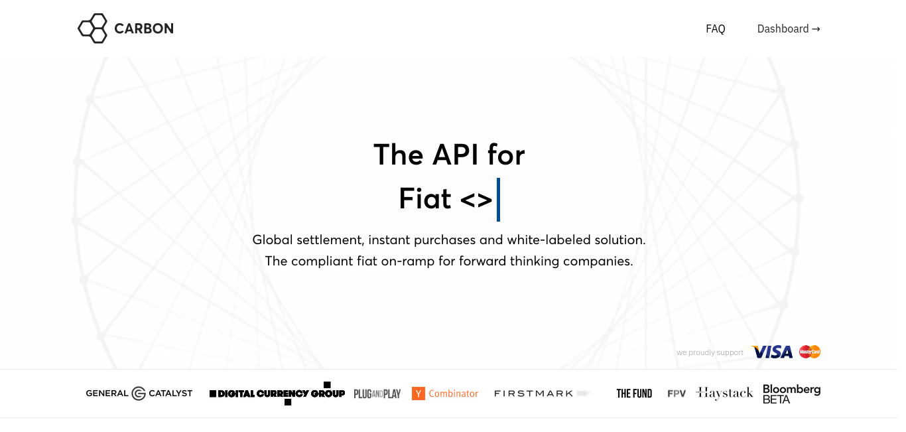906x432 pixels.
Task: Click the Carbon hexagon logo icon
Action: coord(93,29)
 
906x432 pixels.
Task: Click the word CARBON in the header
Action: coord(144,29)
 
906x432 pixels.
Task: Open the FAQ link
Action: coord(716,29)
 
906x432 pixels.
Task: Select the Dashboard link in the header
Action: coord(789,29)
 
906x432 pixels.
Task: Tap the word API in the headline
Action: coord(455,155)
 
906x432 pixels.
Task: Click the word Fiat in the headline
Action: coord(424,198)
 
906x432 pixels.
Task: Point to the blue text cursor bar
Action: coord(498,200)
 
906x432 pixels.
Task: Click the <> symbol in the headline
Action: coord(476,200)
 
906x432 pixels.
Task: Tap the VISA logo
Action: coord(772,352)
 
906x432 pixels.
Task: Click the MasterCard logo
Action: coord(810,352)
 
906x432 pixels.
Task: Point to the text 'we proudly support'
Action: coord(710,353)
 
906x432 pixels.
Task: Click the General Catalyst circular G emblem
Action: coord(139,394)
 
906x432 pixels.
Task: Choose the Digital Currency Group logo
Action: coord(277,393)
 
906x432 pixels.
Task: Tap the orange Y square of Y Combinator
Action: coord(419,394)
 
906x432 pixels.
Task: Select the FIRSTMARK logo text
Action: coord(533,394)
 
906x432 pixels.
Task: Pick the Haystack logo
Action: coord(724,393)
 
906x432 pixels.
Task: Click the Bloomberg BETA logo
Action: coord(791,394)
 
